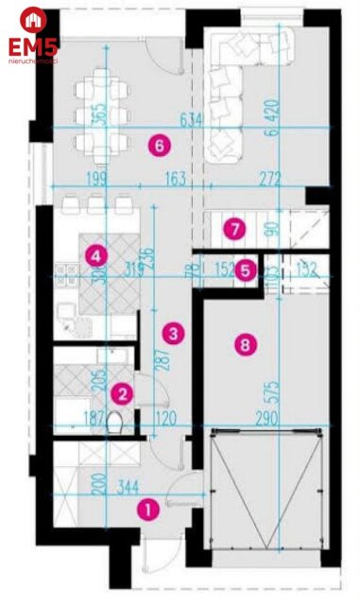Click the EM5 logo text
tap(33, 44)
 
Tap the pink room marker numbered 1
tap(147, 509)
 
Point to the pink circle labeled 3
tap(171, 332)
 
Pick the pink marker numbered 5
tap(245, 269)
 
